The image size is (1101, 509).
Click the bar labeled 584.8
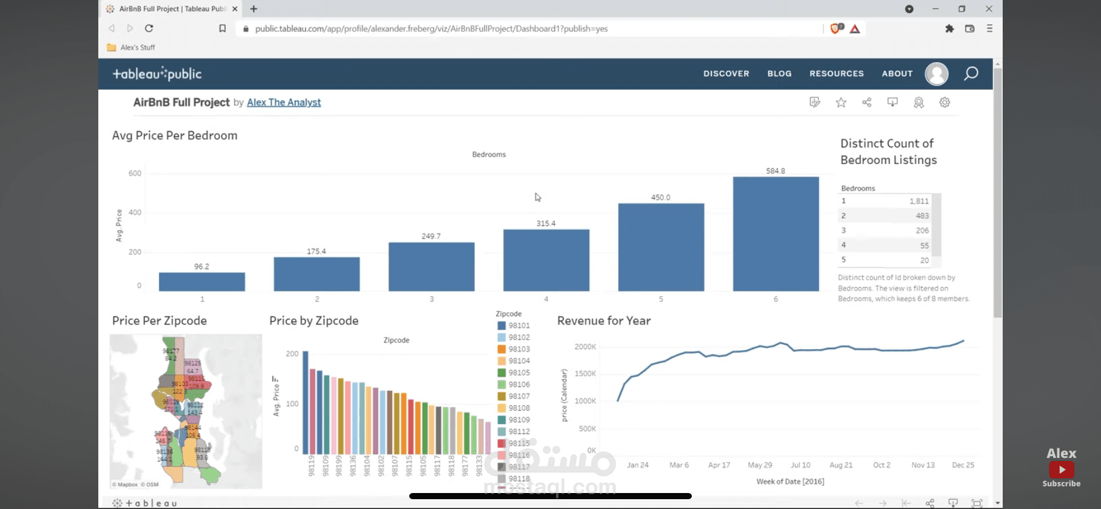(775, 234)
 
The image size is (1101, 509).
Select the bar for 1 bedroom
(202, 282)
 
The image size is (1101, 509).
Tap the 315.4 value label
(546, 223)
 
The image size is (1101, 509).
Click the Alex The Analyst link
(284, 102)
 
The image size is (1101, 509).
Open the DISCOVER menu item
(726, 73)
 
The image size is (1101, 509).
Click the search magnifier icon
(971, 74)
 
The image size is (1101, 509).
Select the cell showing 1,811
(919, 201)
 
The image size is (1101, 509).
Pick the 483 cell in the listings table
(922, 216)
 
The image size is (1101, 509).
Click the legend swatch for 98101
(501, 326)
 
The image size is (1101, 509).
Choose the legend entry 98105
(519, 373)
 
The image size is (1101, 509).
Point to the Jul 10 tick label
(800, 465)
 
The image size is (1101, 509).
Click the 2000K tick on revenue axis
(585, 347)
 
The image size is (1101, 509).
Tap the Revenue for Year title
(603, 320)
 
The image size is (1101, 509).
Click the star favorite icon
(840, 103)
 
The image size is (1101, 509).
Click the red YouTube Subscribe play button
(1061, 470)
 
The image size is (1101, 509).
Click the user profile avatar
(936, 74)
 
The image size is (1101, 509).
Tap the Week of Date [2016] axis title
(790, 481)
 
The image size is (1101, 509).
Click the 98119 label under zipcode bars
(311, 465)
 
